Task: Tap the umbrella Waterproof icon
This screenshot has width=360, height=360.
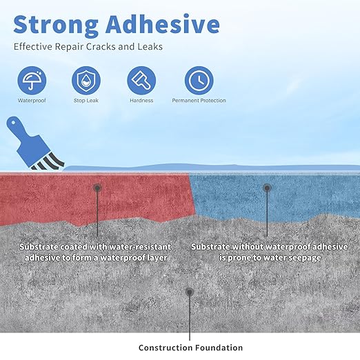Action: (x=31, y=80)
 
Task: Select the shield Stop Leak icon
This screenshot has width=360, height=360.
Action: (x=86, y=80)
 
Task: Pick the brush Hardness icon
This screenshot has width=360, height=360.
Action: (x=141, y=80)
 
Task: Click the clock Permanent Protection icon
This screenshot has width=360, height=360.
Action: (x=199, y=80)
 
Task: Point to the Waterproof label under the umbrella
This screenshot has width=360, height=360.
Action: (x=31, y=101)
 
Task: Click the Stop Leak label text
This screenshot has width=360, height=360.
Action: (x=86, y=101)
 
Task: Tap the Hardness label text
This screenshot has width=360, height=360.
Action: (x=141, y=101)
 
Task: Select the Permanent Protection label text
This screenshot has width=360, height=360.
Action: (x=199, y=101)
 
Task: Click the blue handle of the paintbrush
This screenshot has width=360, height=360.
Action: (x=19, y=132)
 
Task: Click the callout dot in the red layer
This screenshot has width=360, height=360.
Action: (x=98, y=187)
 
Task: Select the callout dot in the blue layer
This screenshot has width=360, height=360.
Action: (x=267, y=187)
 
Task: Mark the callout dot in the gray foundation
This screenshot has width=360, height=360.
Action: (x=190, y=292)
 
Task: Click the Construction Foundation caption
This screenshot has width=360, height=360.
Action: (x=190, y=348)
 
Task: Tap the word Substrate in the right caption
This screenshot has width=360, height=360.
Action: (x=213, y=246)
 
